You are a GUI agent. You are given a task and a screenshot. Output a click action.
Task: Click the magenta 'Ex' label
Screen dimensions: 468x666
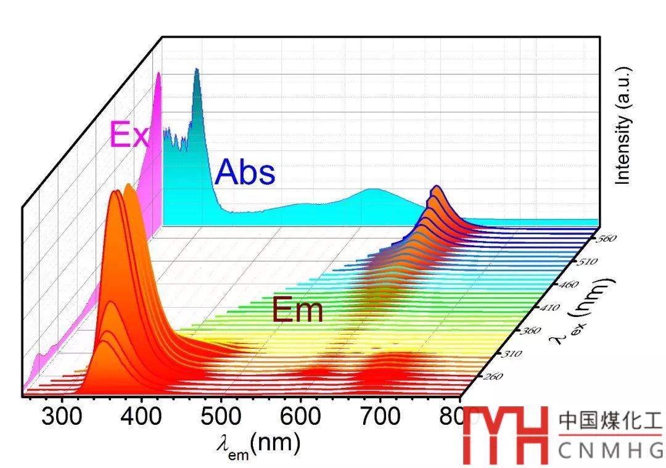pyautogui.click(x=128, y=135)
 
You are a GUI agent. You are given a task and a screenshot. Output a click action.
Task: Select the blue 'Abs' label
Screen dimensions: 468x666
pyautogui.click(x=245, y=171)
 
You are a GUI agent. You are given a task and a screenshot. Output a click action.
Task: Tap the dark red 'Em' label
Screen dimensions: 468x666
pyautogui.click(x=298, y=310)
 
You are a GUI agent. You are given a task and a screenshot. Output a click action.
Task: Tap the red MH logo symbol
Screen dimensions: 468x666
pyautogui.click(x=506, y=435)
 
